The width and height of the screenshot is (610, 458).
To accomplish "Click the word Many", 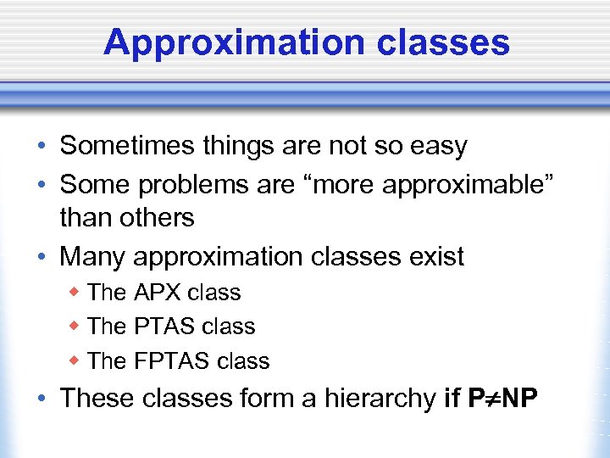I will point(92,255).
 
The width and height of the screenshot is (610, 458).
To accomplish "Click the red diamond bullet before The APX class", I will point(75,292).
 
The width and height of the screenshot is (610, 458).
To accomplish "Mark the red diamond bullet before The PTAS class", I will point(75,326).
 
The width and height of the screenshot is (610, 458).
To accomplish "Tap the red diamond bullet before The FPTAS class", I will point(75,360).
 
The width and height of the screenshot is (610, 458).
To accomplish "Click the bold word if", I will point(453,398).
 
